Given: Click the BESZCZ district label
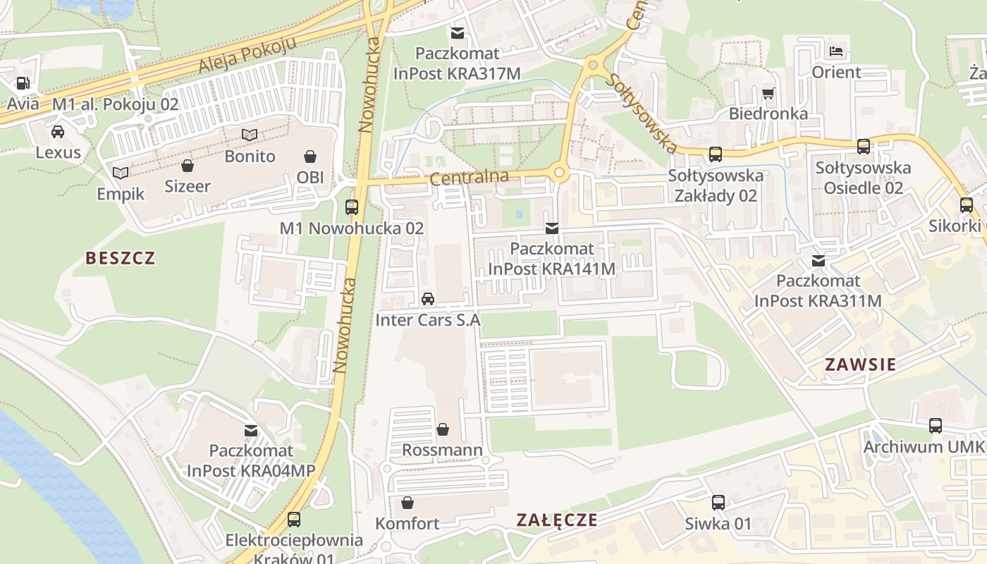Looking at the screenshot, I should (x=120, y=258).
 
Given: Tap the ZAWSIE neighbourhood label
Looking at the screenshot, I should (x=860, y=364).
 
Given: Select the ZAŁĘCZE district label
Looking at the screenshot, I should (x=556, y=520).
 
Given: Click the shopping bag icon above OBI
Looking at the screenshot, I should (x=310, y=156).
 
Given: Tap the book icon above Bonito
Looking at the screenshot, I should (x=250, y=135).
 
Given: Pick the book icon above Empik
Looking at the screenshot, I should (x=121, y=173).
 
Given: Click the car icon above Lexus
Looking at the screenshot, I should (x=58, y=131).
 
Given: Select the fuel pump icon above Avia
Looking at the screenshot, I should (x=23, y=82).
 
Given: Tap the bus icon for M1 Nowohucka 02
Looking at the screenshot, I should (x=351, y=207).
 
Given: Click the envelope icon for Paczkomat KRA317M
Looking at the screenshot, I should (x=458, y=32).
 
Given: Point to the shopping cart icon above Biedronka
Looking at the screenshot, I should (x=768, y=93).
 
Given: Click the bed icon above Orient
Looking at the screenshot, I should (x=836, y=51).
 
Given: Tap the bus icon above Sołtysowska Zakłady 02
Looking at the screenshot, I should (x=716, y=154).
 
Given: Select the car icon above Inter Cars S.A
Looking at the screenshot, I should (x=427, y=299).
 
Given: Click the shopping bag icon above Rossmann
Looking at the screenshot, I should (x=443, y=429).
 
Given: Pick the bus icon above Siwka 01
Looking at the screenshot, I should (x=718, y=503).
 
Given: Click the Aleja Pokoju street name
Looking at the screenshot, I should (x=246, y=55).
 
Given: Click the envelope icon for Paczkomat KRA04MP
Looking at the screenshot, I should (x=250, y=430).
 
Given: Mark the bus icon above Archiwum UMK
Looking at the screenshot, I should (x=936, y=426).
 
